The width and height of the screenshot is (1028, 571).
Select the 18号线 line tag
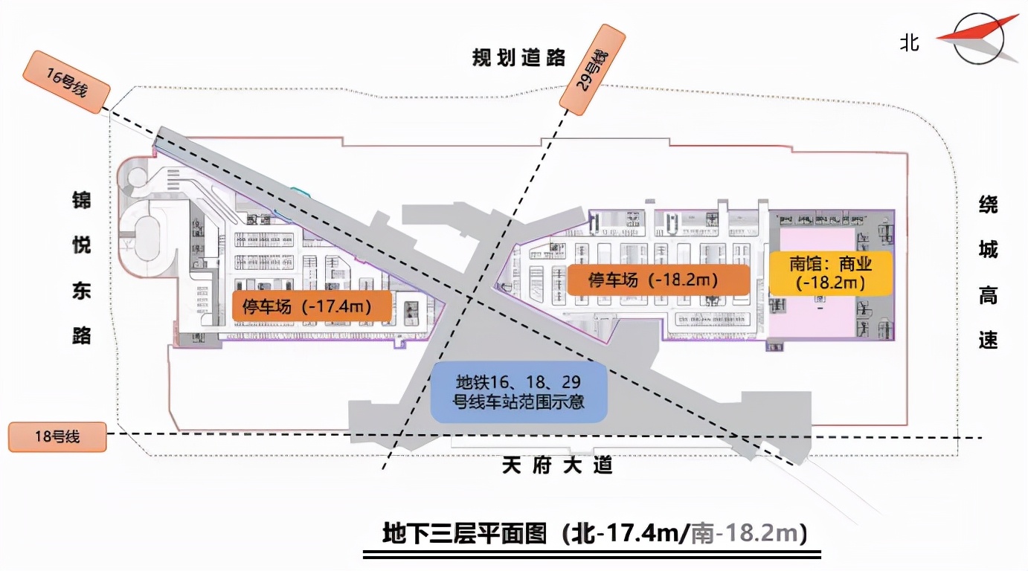(x=57, y=437)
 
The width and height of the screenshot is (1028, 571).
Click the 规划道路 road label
(x=519, y=57)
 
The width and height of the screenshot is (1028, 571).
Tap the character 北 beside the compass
(x=909, y=43)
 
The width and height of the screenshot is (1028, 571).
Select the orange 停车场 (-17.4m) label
(x=312, y=305)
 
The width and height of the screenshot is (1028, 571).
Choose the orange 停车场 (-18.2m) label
(x=658, y=280)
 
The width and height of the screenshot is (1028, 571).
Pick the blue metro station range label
(x=519, y=395)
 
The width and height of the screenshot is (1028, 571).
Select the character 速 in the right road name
(x=988, y=340)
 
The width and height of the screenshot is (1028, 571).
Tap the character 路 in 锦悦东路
(x=81, y=335)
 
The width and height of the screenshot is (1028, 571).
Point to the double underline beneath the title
(x=591, y=555)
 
